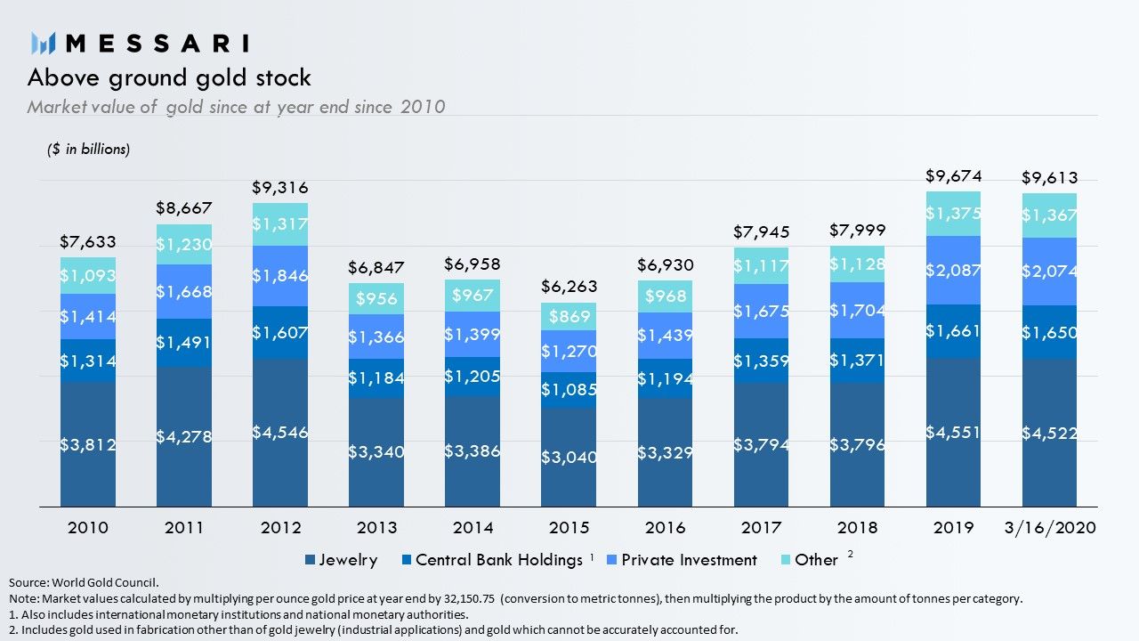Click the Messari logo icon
click(x=43, y=44)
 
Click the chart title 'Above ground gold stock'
click(x=169, y=77)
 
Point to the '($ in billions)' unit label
click(x=88, y=149)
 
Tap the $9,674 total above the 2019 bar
click(x=953, y=176)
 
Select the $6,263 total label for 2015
click(x=569, y=287)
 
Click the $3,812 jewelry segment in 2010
click(x=88, y=444)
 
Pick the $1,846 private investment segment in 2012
click(x=280, y=276)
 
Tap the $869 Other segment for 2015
click(x=569, y=316)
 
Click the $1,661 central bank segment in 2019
click(x=953, y=332)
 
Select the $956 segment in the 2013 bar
click(x=376, y=298)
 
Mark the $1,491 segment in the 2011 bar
click(x=184, y=343)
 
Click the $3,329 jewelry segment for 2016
click(x=665, y=452)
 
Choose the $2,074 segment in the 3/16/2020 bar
click(x=1049, y=272)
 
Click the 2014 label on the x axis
click(x=473, y=528)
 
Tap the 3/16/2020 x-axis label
click(x=1050, y=528)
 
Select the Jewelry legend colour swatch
click(x=310, y=560)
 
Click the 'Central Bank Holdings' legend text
click(x=499, y=560)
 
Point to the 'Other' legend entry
click(x=810, y=560)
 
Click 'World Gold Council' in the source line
click(x=104, y=582)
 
